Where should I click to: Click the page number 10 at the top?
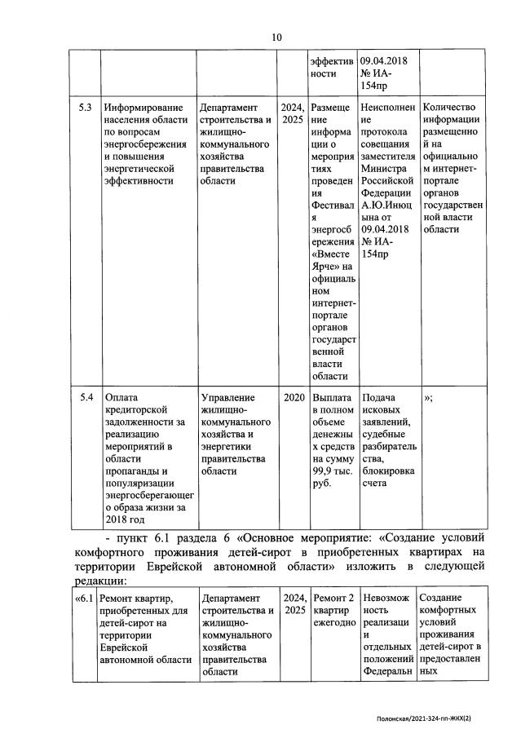[276, 37]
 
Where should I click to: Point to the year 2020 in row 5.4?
[293, 397]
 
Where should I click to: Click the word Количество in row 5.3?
[450, 108]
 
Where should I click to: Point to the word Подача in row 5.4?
[378, 397]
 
